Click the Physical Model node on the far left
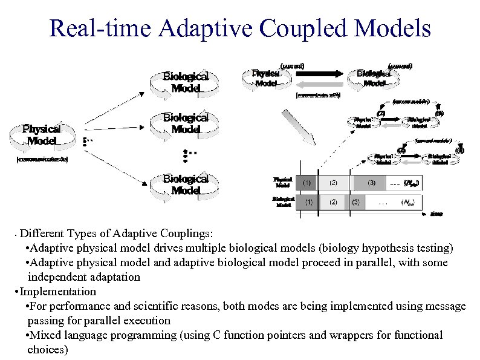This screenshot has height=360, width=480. [41, 135]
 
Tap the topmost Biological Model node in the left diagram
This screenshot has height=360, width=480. [186, 82]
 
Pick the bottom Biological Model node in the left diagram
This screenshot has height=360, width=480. [186, 185]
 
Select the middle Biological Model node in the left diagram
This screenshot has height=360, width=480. [186, 123]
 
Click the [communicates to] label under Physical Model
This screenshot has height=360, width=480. [41, 160]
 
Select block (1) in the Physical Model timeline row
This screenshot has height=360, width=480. [306, 182]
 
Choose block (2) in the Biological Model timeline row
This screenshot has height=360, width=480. [333, 202]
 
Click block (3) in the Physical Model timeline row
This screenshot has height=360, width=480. [371, 182]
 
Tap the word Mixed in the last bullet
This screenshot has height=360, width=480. [44, 335]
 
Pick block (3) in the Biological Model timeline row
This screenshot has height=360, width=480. [355, 202]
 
